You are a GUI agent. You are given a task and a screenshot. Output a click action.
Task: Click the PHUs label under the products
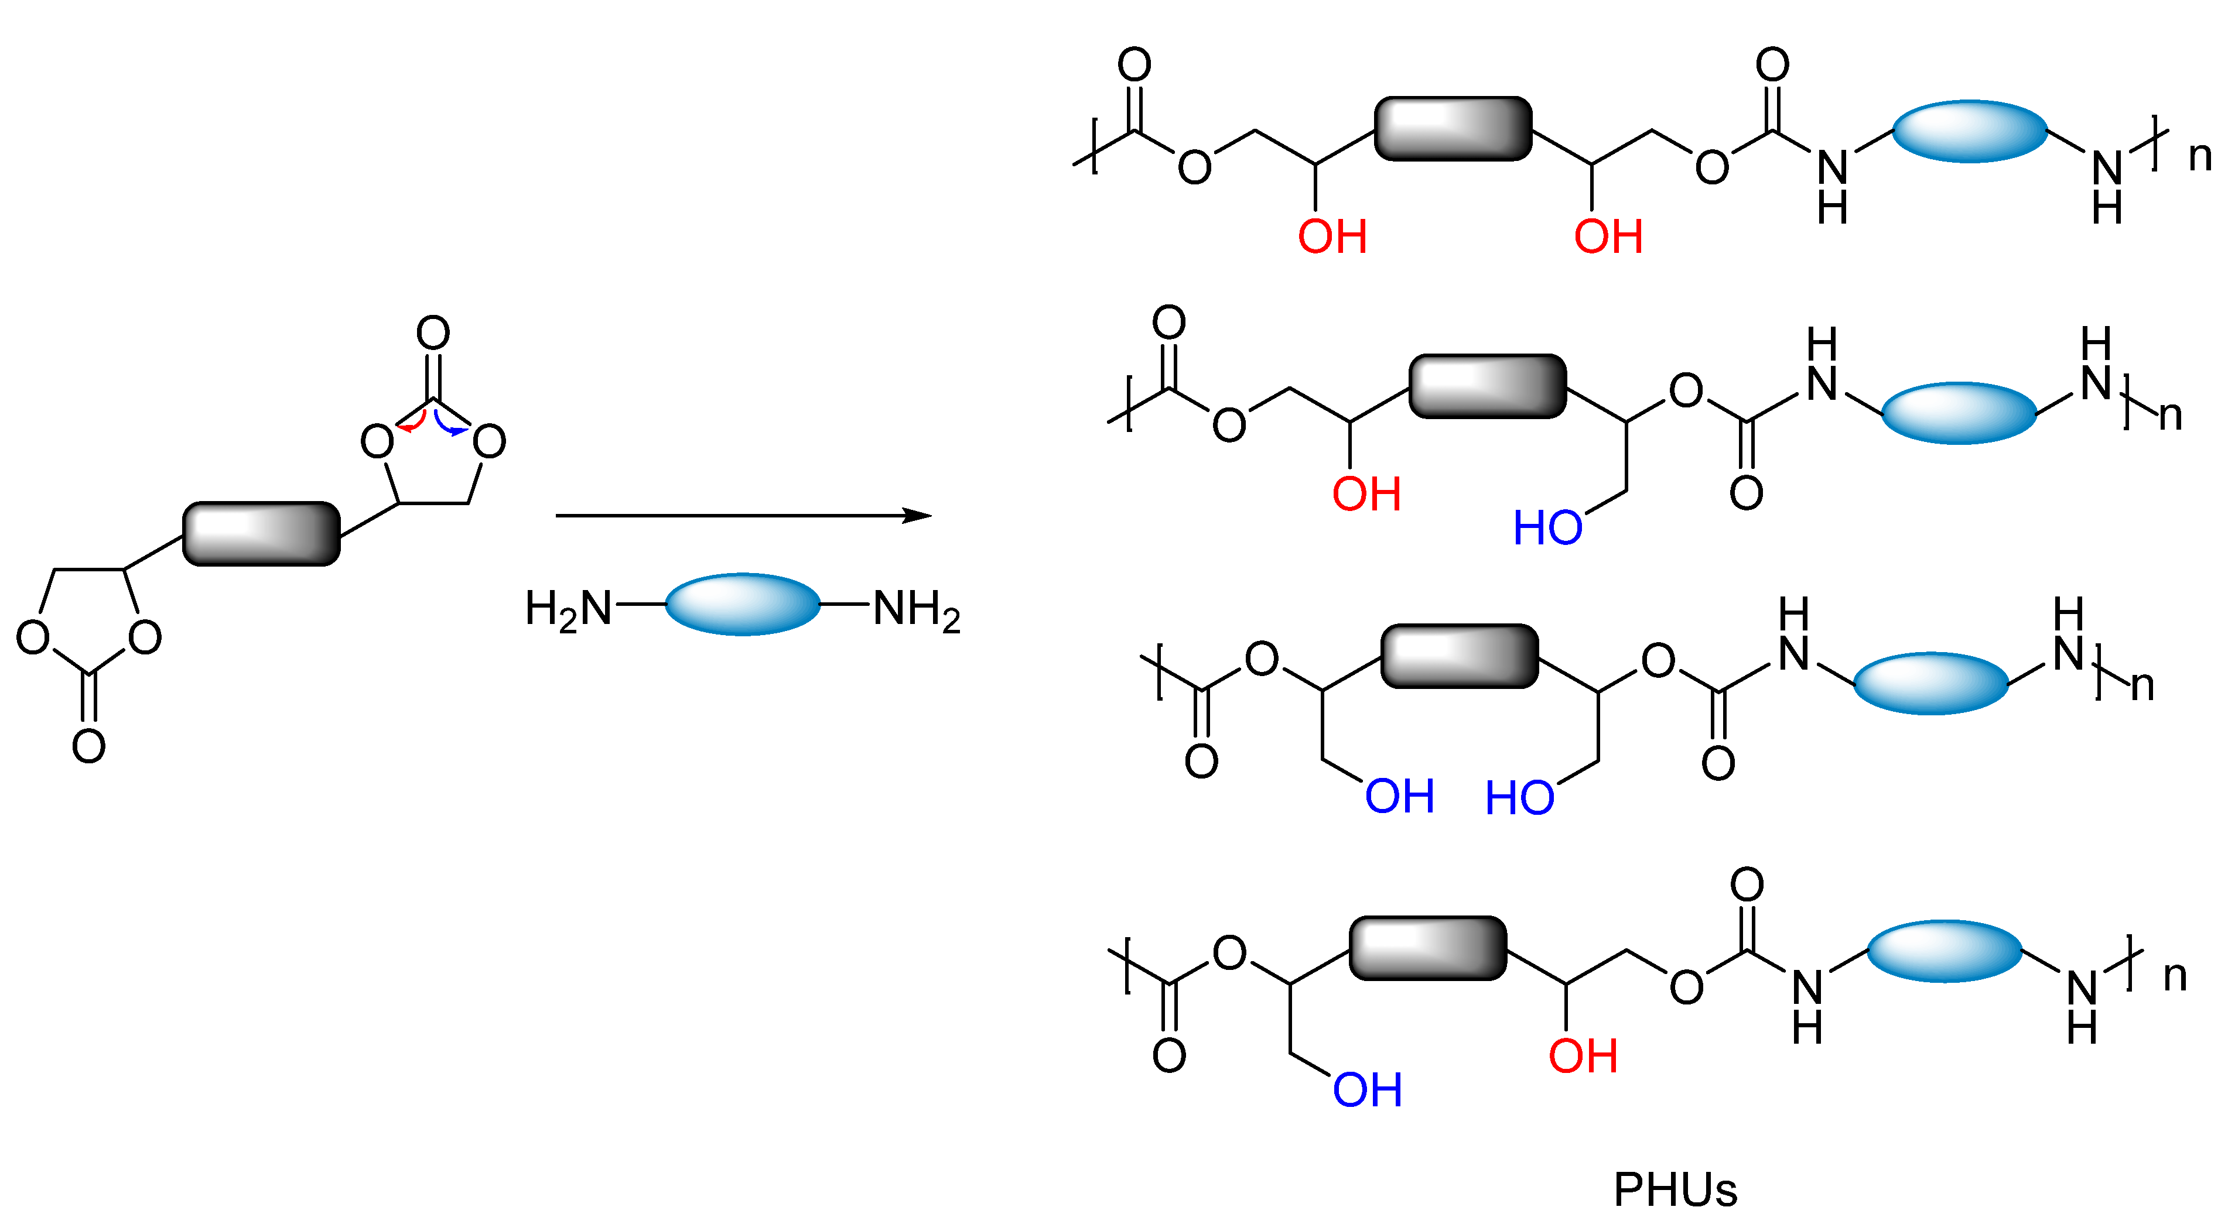pyautogui.click(x=1675, y=1191)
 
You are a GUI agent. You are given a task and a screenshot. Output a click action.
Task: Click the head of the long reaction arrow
pyautogui.click(x=918, y=516)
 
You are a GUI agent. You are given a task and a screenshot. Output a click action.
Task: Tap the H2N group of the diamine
pyautogui.click(x=568, y=609)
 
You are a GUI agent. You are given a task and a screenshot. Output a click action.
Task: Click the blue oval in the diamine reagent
pyautogui.click(x=742, y=604)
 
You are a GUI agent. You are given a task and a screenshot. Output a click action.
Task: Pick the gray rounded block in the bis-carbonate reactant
pyautogui.click(x=261, y=533)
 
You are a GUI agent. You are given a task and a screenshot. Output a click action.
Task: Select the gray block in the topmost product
pyautogui.click(x=1453, y=129)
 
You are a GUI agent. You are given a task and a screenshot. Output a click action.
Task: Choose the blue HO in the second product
pyautogui.click(x=1547, y=527)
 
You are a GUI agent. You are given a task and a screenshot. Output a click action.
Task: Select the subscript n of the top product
pyautogui.click(x=2199, y=156)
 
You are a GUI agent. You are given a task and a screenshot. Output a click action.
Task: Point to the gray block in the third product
pyautogui.click(x=1459, y=656)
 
